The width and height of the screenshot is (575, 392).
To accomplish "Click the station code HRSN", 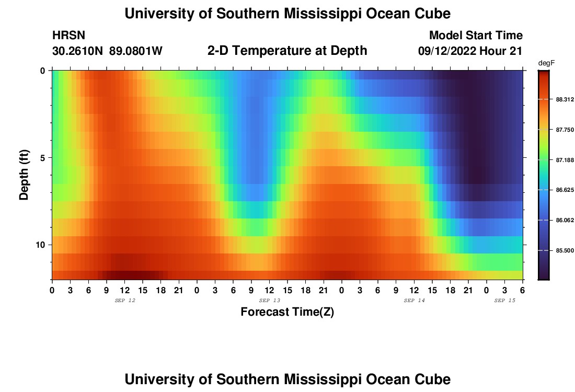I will coord(68,36).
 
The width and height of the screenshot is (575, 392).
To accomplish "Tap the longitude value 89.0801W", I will coord(136,51).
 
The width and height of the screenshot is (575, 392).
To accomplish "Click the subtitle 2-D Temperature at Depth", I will coord(287,51).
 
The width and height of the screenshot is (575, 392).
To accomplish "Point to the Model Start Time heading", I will coord(476,36).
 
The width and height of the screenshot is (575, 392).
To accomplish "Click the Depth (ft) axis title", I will coord(24,175).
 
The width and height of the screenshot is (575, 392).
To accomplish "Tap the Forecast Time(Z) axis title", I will coord(287,312).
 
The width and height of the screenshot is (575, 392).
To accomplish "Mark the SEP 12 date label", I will coord(124,301).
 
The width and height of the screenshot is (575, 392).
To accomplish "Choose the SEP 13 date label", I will coord(269,301).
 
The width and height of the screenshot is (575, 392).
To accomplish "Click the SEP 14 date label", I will coord(414,301).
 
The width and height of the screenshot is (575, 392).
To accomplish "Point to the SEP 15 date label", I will coord(504,301).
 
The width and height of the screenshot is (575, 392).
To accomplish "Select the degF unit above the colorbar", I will coord(546,63).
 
